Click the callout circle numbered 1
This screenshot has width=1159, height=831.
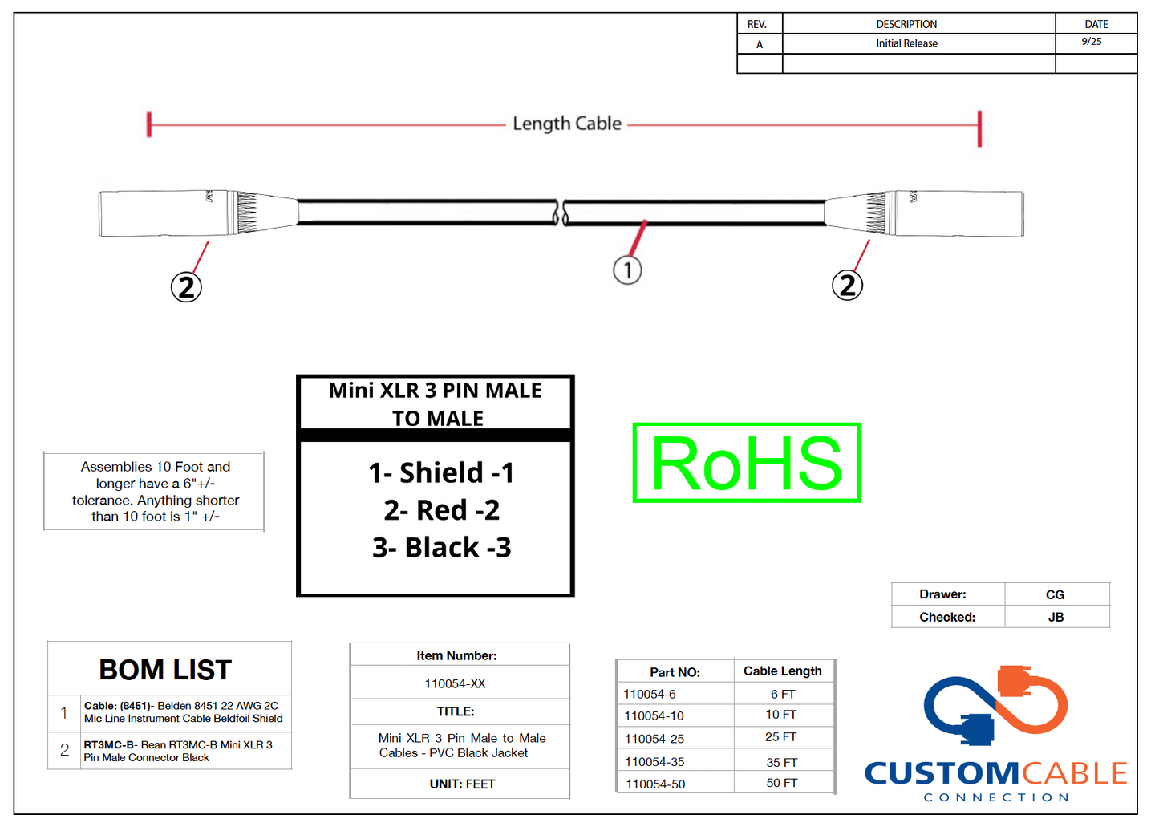point(627,270)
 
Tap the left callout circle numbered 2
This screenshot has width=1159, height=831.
point(186,286)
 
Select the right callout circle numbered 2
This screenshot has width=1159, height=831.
point(847,285)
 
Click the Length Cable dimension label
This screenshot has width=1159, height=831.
point(567,124)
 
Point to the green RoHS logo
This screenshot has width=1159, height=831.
point(746,463)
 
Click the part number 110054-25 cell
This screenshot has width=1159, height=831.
point(654,738)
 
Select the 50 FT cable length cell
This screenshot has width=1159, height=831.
point(781,783)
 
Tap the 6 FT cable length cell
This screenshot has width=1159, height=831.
point(782,694)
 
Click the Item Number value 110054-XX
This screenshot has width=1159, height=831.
point(455,683)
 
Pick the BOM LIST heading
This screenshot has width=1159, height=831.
point(165,670)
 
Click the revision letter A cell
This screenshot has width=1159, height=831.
point(760,44)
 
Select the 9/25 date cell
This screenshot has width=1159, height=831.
point(1092,42)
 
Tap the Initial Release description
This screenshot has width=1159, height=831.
point(906,43)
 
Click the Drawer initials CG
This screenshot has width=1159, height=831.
point(1055,594)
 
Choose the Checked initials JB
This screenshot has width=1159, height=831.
point(1056,617)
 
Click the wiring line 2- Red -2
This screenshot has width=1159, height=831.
point(441,510)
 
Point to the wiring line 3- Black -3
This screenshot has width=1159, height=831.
point(441,548)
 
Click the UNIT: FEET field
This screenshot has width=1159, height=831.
point(462,784)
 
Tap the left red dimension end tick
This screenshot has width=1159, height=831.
point(149,124)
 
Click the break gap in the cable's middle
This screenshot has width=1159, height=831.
point(561,213)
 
